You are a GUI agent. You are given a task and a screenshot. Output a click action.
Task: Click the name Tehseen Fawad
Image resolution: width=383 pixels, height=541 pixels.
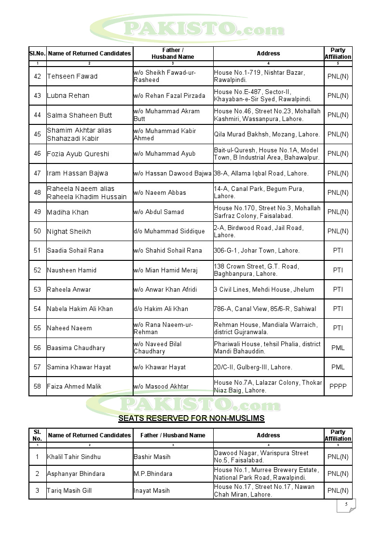pyautogui.click(x=72, y=76)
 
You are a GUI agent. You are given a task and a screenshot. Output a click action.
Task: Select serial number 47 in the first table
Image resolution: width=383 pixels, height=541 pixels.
pyautogui.click(x=37, y=173)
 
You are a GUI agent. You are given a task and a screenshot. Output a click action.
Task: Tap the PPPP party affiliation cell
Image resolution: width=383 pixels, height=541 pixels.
pyautogui.click(x=338, y=386)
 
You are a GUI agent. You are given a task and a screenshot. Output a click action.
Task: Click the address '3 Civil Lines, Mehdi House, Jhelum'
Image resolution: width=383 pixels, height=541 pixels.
pyautogui.click(x=264, y=289)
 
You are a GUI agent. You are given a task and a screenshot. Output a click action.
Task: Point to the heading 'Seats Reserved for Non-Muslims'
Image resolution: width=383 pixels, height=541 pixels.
pyautogui.click(x=191, y=418)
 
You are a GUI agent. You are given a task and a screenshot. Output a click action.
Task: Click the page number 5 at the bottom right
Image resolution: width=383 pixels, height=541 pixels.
pyautogui.click(x=346, y=504)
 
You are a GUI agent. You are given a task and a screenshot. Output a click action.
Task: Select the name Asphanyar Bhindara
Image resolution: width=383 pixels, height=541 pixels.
pyautogui.click(x=76, y=473)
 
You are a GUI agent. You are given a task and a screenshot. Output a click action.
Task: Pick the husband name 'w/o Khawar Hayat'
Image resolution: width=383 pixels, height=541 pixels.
pyautogui.click(x=160, y=367)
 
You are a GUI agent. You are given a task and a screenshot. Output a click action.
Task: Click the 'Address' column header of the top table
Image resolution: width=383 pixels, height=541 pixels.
pyautogui.click(x=268, y=54)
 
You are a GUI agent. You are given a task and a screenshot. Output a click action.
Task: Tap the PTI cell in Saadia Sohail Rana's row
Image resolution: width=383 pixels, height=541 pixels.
pyautogui.click(x=338, y=250)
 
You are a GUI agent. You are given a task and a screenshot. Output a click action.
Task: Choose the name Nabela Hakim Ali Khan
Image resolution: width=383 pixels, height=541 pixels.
pyautogui.click(x=80, y=309)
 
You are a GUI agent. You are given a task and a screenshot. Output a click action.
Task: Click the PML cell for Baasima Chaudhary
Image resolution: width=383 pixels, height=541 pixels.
pyautogui.click(x=338, y=348)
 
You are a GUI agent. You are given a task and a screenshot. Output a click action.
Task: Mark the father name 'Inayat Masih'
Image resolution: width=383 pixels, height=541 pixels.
pyautogui.click(x=151, y=490)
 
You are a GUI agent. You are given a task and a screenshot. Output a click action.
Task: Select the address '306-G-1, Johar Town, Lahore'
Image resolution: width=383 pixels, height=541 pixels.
pyautogui.click(x=257, y=250)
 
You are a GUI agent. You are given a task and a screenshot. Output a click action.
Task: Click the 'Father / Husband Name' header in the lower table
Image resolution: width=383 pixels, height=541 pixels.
pyautogui.click(x=173, y=435)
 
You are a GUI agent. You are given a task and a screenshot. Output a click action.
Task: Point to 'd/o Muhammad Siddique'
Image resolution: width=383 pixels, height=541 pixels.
pyautogui.click(x=169, y=231)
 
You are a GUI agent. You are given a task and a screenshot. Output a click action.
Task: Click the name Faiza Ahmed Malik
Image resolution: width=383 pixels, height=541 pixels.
pyautogui.click(x=75, y=386)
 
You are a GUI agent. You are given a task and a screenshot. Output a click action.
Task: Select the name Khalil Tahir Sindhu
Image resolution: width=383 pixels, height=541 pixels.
pyautogui.click(x=74, y=457)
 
